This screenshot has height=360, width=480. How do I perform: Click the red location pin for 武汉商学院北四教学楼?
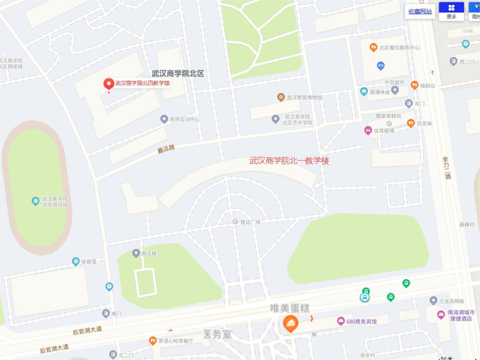pyautogui.click(x=108, y=84)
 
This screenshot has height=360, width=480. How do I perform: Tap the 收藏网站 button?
pyautogui.click(x=420, y=12)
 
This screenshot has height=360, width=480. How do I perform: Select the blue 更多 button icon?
pyautogui.click(x=452, y=8)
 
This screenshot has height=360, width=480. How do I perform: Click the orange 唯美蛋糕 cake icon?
pyautogui.click(x=290, y=324)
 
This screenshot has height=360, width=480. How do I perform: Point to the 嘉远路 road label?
pyautogui.click(x=166, y=149)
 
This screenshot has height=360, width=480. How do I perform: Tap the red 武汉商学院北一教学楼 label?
pyautogui.click(x=289, y=161)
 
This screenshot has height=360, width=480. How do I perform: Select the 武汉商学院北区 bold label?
pyautogui.click(x=178, y=74)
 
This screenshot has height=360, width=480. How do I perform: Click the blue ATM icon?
pyautogui.click(x=380, y=66)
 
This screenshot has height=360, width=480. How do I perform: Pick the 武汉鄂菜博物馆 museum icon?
pyautogui.click(x=281, y=97)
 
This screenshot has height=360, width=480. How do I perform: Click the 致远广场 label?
pyautogui.click(x=250, y=222)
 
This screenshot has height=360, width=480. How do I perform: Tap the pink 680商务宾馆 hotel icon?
pyautogui.click(x=341, y=321)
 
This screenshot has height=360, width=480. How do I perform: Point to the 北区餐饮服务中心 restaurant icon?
pyautogui.click(x=373, y=48)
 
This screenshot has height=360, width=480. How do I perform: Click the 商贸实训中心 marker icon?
pyautogui.click(x=164, y=119)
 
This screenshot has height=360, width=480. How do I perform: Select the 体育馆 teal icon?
pyautogui.click(x=76, y=261)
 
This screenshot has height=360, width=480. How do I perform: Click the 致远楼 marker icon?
pyautogui.click(x=136, y=253)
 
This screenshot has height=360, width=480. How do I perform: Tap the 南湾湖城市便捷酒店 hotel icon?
pyautogui.click(x=441, y=315)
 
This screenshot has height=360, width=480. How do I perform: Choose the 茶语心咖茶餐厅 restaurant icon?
pyautogui.click(x=153, y=341)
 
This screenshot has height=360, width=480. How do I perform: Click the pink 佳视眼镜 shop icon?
pyautogui.click(x=368, y=130)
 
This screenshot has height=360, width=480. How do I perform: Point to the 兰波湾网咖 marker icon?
pyautogui.click(x=433, y=301)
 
